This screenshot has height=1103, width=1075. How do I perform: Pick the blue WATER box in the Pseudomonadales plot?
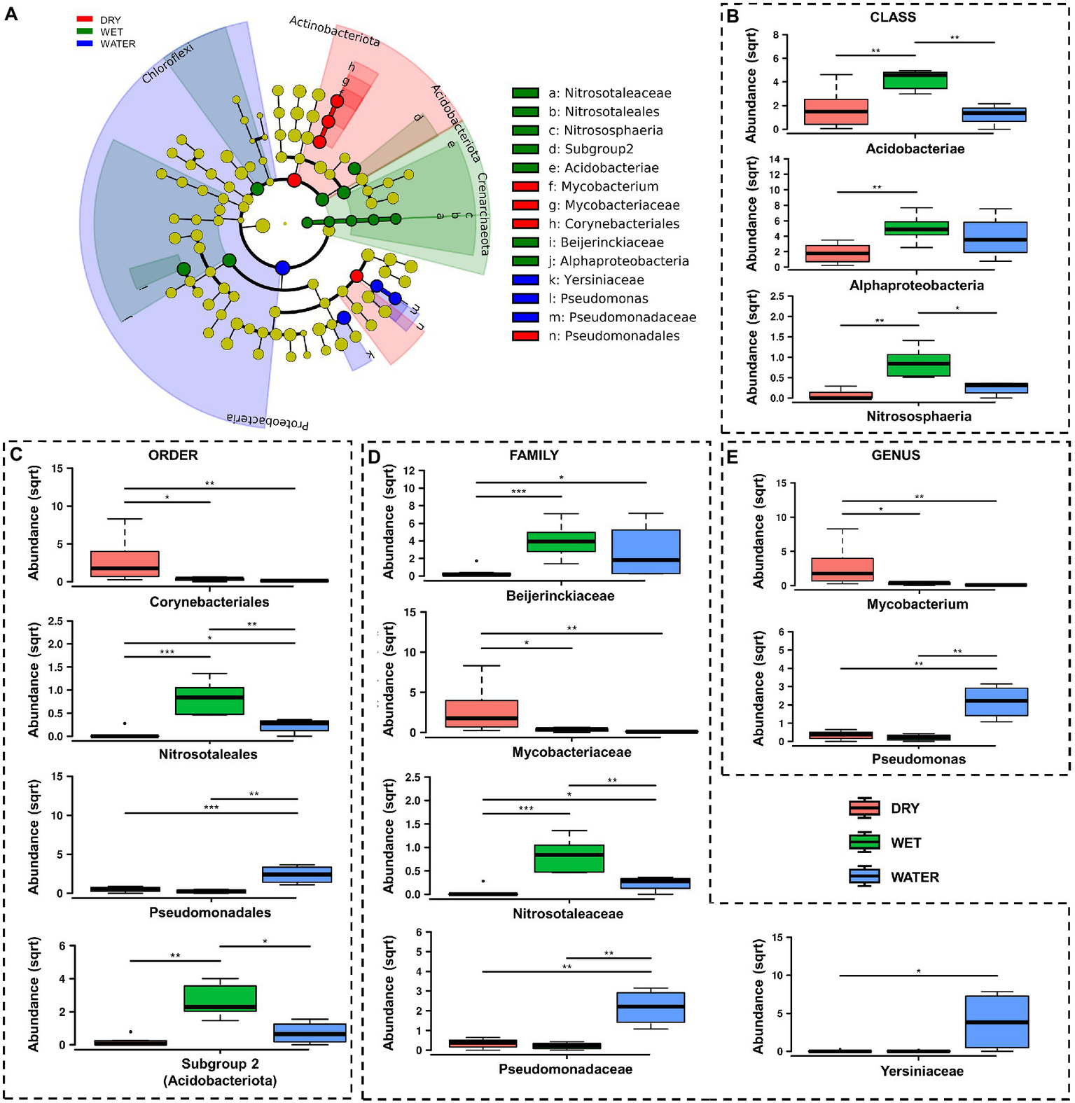pyautogui.click(x=297, y=874)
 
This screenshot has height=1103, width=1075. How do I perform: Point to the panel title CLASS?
pyautogui.click(x=893, y=18)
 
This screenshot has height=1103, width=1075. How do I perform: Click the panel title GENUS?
pyautogui.click(x=896, y=456)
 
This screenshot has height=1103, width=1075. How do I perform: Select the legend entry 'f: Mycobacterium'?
pyautogui.click(x=602, y=186)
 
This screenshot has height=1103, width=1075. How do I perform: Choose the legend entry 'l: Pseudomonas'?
pyautogui.click(x=597, y=298)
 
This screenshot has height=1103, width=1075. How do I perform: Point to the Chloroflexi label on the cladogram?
pyautogui.click(x=167, y=62)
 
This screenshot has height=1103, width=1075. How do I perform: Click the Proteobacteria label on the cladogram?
pyautogui.click(x=268, y=422)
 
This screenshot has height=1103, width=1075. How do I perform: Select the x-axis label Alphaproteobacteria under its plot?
pyautogui.click(x=916, y=285)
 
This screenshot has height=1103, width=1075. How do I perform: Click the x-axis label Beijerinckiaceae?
pyautogui.click(x=560, y=596)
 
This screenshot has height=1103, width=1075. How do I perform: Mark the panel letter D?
pyautogui.click(x=374, y=457)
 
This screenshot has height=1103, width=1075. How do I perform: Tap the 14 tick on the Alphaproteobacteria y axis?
pyautogui.click(x=774, y=159)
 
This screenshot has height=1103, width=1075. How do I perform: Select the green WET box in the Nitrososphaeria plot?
pyautogui.click(x=918, y=365)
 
